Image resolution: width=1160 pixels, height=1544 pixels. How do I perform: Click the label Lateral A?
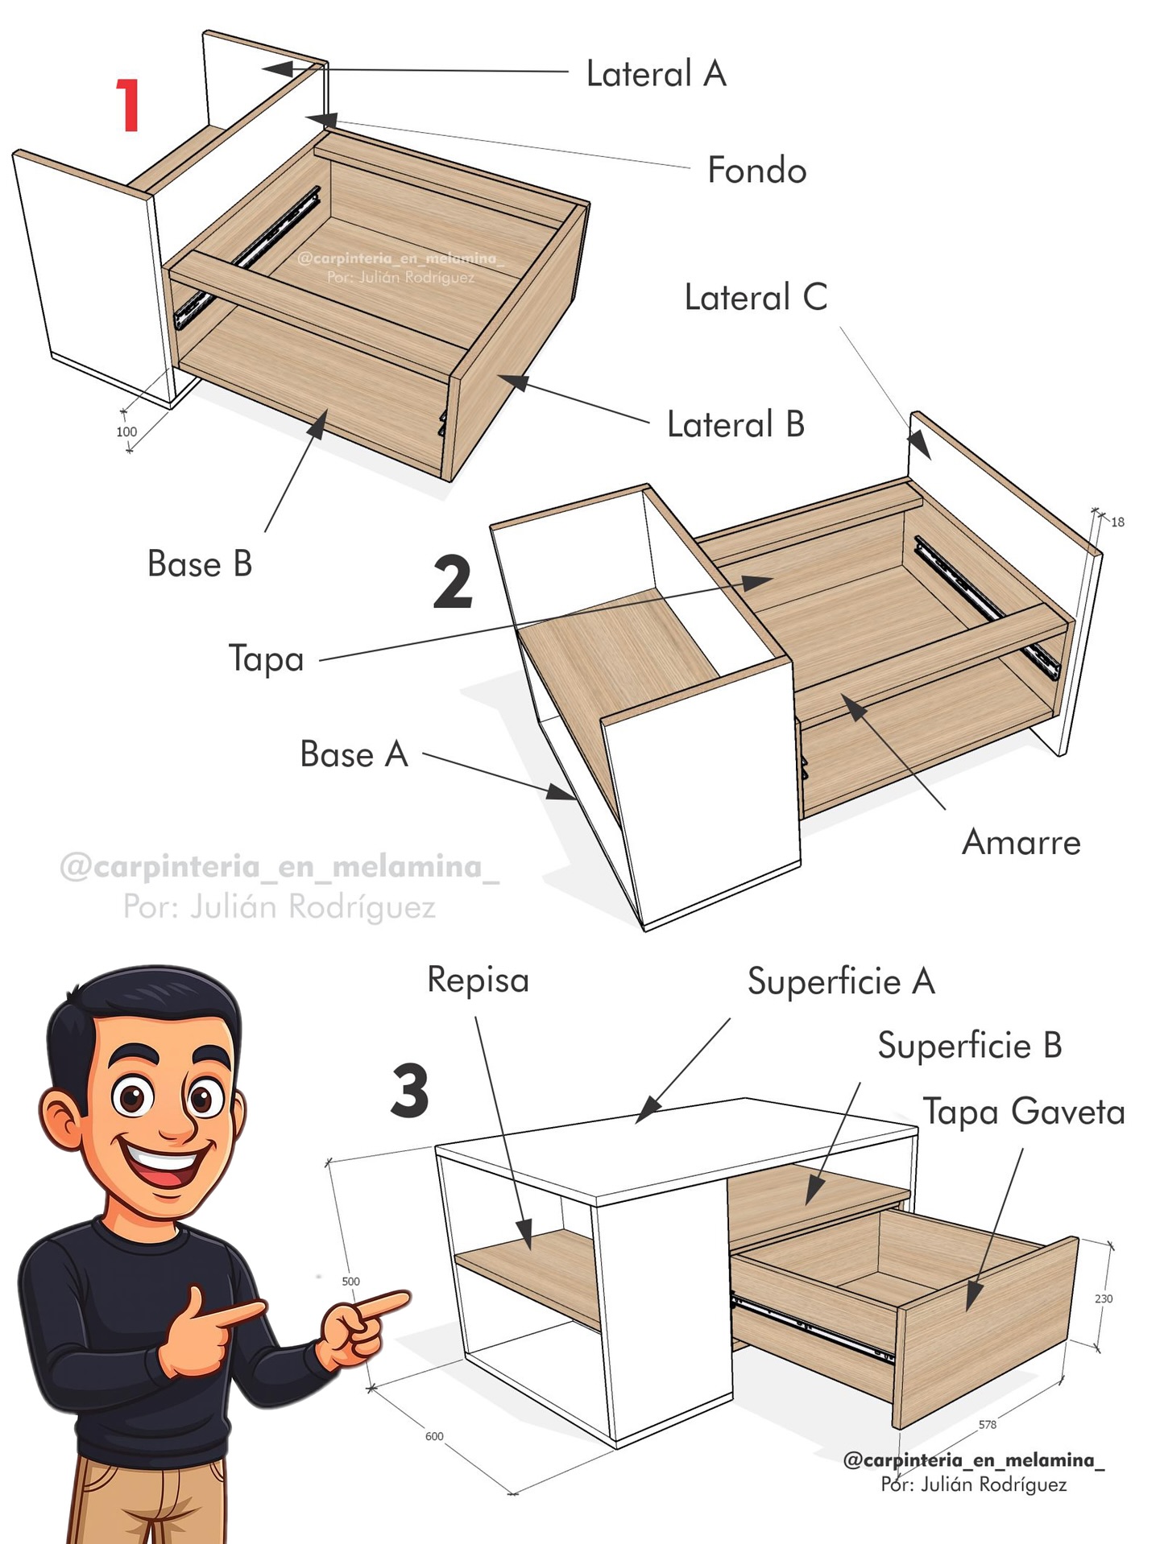point(657,74)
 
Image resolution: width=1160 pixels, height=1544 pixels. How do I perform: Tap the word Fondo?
point(757,171)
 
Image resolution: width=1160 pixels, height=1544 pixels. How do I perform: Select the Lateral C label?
point(756,298)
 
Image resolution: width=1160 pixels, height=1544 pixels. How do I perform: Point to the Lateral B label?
point(736,424)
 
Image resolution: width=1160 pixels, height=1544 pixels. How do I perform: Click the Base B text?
point(200,564)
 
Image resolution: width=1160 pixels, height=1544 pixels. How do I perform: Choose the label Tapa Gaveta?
point(1024,1111)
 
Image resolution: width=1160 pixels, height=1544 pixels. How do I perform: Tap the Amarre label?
point(1021,843)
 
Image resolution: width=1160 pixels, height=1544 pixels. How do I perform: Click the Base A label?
point(354,755)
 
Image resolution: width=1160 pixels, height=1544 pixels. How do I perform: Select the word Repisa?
point(478,980)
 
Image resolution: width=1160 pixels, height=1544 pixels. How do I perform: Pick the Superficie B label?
point(970,1046)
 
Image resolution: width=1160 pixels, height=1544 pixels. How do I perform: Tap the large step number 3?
point(410,1091)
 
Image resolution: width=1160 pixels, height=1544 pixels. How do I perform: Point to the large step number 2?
point(453,582)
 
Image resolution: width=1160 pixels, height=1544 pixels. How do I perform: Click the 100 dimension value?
point(126,431)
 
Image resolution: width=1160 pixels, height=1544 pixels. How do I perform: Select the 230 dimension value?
point(1104,1298)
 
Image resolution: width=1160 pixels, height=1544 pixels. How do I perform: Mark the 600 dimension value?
point(434,1436)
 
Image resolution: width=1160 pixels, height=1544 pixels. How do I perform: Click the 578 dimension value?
point(988,1424)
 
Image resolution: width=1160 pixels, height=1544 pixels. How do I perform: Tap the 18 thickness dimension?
point(1118,522)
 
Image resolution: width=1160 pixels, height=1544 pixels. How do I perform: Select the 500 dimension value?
point(350,1282)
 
